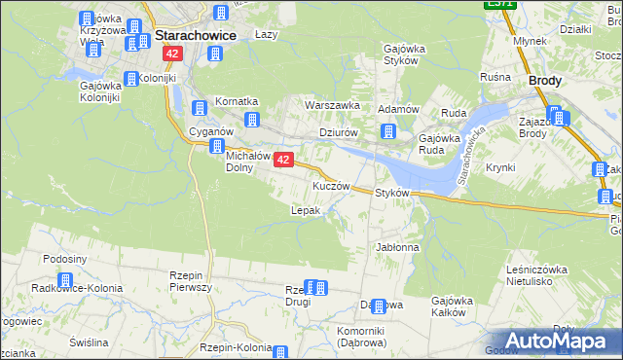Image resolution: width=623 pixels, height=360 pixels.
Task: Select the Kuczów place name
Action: (330, 185)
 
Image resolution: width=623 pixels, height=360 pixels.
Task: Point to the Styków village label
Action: (391, 193)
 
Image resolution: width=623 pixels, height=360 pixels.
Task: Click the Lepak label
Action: (306, 210)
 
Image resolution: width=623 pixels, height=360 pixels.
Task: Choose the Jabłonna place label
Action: (397, 248)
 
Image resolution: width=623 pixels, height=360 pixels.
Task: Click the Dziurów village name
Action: (340, 133)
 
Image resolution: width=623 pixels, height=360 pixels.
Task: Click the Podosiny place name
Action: (65, 259)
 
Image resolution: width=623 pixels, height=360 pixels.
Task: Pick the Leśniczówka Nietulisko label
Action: (537, 274)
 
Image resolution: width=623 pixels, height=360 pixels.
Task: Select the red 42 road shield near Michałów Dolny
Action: (283, 159)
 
